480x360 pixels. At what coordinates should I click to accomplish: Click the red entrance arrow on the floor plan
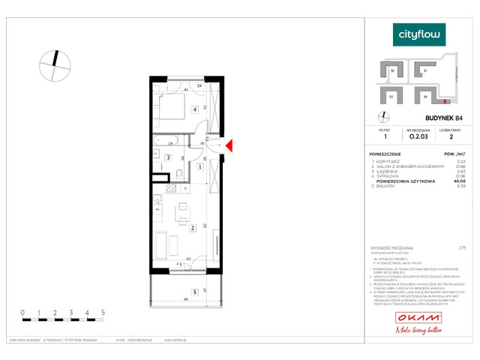tap(229, 145)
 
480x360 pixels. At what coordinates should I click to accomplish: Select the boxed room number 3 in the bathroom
tap(169, 157)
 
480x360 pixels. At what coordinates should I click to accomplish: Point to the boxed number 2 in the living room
tap(193, 228)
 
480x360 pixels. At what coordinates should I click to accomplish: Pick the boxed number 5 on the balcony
tap(194, 292)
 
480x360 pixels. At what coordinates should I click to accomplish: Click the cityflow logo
tap(419, 34)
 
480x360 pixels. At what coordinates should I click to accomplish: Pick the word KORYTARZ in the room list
tap(389, 161)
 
